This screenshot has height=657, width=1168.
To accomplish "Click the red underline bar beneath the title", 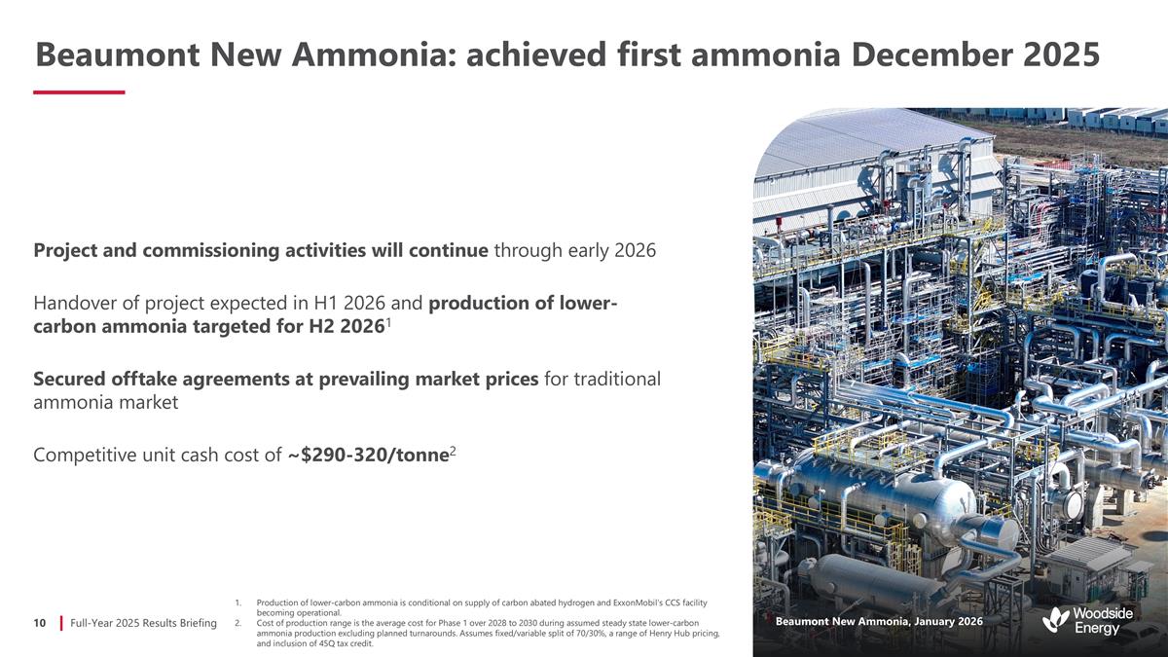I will coord(79,92).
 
